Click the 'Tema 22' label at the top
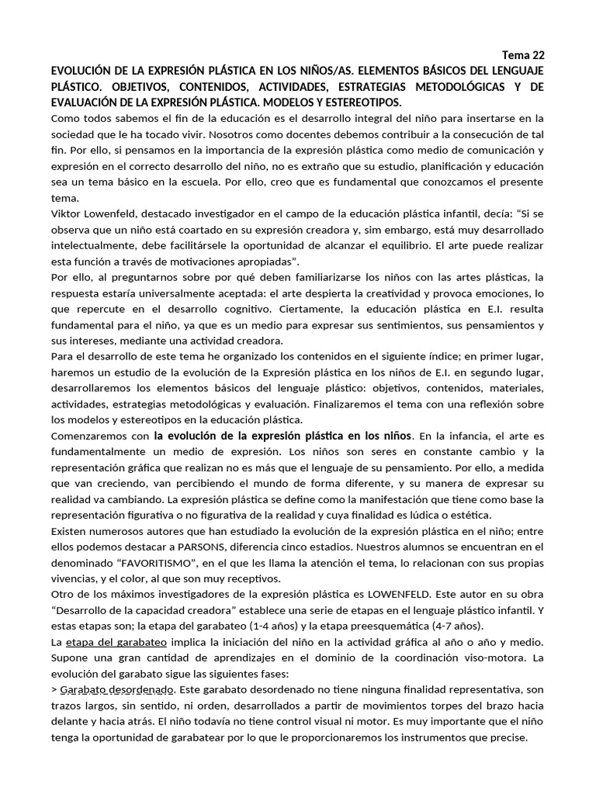[524, 54]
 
